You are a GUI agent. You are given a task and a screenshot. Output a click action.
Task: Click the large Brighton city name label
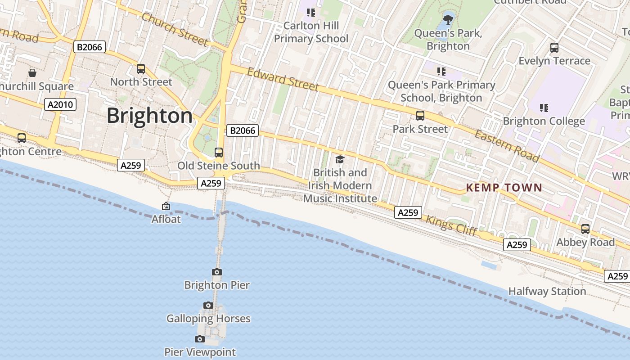click(149, 116)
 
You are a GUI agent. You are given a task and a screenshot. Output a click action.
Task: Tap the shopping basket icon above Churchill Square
click(32, 72)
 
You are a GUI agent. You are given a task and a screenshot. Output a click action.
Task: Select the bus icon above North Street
click(141, 69)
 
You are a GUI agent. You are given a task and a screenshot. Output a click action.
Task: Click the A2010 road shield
click(61, 105)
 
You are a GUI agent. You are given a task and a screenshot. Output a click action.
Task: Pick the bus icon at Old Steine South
click(219, 153)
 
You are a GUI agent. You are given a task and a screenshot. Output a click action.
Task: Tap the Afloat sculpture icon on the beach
click(166, 207)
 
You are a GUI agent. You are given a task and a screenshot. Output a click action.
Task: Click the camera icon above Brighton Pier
click(217, 272)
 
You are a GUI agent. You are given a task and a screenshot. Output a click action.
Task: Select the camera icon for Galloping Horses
click(208, 306)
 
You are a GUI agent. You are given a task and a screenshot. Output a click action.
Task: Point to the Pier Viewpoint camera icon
click(200, 339)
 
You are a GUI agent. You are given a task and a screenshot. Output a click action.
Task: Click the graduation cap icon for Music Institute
click(340, 159)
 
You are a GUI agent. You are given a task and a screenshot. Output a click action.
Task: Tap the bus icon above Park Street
click(420, 116)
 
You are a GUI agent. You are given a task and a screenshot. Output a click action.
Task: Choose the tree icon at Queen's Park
click(448, 19)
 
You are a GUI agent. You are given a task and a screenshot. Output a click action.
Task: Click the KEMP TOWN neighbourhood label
click(504, 188)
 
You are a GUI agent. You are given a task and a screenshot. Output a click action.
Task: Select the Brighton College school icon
click(544, 108)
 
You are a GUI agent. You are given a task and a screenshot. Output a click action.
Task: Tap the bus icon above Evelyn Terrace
click(554, 47)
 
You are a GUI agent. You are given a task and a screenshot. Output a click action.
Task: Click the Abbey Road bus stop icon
click(585, 229)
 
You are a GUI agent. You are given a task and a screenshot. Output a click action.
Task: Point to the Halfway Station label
click(547, 291)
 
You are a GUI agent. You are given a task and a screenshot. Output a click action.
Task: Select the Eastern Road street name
click(507, 146)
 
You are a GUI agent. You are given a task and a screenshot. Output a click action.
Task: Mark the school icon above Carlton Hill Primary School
click(311, 12)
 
